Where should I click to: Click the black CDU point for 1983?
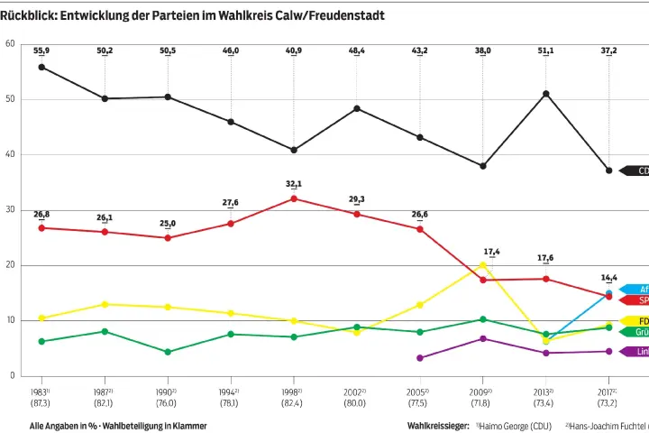[x=41, y=67]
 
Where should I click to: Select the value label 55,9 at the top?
[x=41, y=51]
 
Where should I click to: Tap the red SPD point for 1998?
[x=294, y=198]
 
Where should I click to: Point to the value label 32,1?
[x=294, y=184]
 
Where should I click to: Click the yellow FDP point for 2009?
[x=483, y=265]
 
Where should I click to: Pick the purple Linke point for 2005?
[x=420, y=358]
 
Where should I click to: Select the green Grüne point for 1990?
[x=168, y=352]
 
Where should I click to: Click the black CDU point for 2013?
[x=546, y=94]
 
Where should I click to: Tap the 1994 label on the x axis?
[x=230, y=392]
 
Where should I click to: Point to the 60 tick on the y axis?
[x=10, y=43]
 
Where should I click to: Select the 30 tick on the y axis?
[x=10, y=209]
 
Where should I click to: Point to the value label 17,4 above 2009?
[x=492, y=252]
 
